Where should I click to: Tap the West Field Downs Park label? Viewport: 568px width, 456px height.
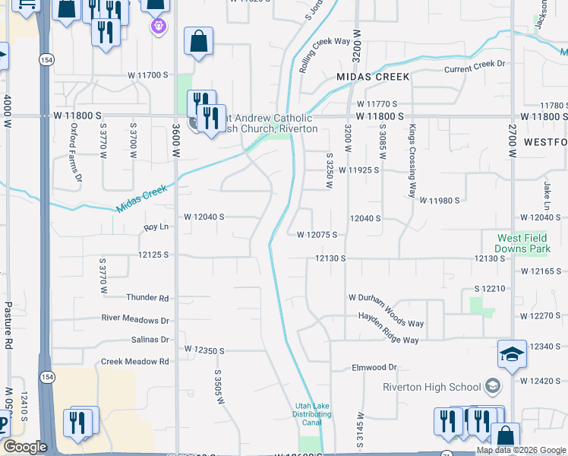tap(522, 243)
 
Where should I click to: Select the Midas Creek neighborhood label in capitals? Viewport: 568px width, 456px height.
tap(373, 77)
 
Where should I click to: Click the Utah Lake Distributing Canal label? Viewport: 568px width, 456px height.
tap(312, 414)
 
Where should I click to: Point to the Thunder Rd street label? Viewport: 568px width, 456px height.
tap(148, 298)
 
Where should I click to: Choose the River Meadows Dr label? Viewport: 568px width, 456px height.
tap(135, 319)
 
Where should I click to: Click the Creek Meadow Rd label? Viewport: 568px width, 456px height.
tap(134, 362)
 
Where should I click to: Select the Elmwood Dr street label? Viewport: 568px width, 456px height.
tap(374, 368)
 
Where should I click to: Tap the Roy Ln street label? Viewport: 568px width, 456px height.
tap(156, 227)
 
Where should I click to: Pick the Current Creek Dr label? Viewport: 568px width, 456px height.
tap(475, 65)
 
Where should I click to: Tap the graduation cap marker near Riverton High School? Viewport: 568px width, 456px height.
tap(512, 354)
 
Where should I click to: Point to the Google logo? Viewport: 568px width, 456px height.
tap(25, 447)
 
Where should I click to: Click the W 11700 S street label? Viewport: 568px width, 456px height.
tap(147, 75)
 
